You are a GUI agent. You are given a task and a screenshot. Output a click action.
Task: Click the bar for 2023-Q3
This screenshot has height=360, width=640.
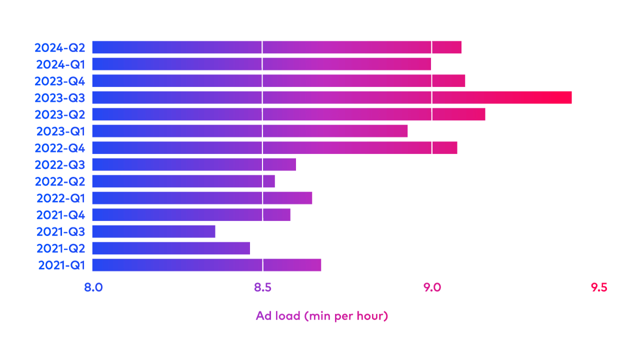[331, 97]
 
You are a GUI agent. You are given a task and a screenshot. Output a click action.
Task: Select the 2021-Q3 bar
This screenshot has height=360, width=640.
[153, 231]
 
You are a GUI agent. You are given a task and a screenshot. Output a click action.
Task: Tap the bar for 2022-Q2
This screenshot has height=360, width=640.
[183, 180]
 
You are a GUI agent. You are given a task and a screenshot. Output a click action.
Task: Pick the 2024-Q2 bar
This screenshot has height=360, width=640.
[276, 47]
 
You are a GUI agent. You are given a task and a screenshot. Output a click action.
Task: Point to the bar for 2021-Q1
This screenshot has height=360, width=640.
[206, 264]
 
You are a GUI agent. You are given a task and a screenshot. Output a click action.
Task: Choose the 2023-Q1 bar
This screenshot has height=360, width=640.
[249, 130]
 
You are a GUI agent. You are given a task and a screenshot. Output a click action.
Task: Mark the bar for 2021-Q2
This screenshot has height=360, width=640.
[170, 248]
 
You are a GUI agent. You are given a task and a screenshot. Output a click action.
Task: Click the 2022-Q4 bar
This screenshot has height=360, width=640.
[274, 147]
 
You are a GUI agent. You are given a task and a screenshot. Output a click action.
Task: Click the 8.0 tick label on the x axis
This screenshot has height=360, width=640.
[93, 287]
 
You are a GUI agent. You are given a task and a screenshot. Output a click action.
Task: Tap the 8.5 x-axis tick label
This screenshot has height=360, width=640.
[262, 287]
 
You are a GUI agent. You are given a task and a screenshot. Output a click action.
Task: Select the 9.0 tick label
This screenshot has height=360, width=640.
[432, 287]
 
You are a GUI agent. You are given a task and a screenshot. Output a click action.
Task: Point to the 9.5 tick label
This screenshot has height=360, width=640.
[598, 287]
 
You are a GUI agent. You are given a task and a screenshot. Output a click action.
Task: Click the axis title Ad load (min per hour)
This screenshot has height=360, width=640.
[321, 315]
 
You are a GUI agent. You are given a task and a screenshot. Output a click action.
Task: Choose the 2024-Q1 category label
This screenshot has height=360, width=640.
[60, 64]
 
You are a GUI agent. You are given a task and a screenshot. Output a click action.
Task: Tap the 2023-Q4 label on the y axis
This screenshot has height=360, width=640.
[59, 80]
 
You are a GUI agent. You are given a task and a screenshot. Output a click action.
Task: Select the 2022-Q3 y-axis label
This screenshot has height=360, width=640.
[59, 164]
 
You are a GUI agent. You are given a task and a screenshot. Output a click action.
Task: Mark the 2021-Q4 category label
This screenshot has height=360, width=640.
[60, 214]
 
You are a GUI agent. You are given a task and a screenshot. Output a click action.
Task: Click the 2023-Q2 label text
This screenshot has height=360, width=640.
[59, 114]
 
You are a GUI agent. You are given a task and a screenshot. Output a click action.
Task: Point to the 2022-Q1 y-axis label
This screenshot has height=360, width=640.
[60, 197]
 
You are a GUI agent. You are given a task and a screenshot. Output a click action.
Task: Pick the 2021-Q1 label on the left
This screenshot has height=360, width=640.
[61, 264]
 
